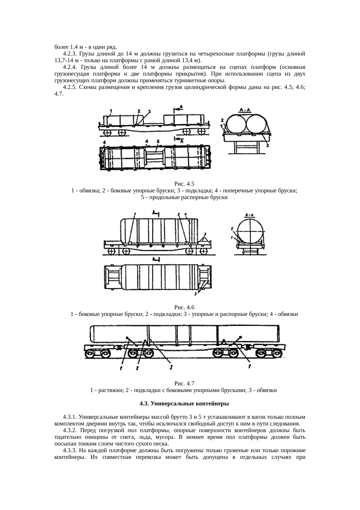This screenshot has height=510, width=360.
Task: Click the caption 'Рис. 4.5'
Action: (x=184, y=184)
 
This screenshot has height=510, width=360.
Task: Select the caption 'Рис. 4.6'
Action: (x=184, y=307)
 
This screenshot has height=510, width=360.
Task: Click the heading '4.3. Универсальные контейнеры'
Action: (x=184, y=404)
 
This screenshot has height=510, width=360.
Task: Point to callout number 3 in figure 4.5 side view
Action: (x=149, y=112)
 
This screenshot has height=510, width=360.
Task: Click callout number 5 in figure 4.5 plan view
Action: (x=158, y=141)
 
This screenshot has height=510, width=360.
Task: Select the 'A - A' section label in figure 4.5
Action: (x=246, y=110)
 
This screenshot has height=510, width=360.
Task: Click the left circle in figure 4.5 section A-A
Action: (x=236, y=124)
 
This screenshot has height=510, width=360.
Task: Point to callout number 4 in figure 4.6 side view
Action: (x=186, y=214)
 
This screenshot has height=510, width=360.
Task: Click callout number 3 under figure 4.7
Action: (x=171, y=367)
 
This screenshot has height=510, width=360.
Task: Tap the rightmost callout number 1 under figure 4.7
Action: (x=250, y=367)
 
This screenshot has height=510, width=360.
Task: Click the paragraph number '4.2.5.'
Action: (x=70, y=87)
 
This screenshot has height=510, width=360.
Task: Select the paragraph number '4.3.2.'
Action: (x=70, y=430)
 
